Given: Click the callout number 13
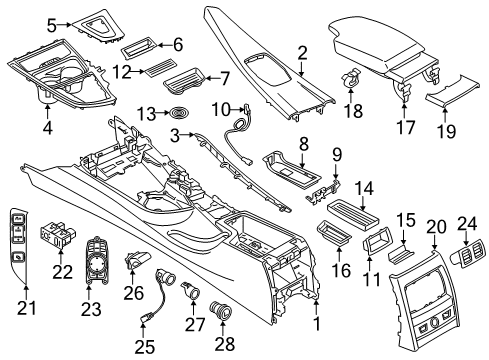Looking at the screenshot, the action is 146,114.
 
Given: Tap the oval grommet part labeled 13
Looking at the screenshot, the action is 180,112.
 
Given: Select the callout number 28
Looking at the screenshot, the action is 225,344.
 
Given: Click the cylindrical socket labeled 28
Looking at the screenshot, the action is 220,310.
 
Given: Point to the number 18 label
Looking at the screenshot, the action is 353,110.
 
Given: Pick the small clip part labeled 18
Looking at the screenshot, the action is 349,77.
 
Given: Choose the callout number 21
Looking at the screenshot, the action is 27,308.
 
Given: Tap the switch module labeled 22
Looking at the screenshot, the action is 58,236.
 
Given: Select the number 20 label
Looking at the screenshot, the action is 436,227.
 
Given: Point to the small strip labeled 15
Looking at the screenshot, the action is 400,253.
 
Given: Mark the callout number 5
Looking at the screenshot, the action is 52,26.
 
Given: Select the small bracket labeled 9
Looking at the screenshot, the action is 323,192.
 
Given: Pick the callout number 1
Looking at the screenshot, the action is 317,323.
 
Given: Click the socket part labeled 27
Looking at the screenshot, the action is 191,291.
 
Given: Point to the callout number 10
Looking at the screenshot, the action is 221,109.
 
